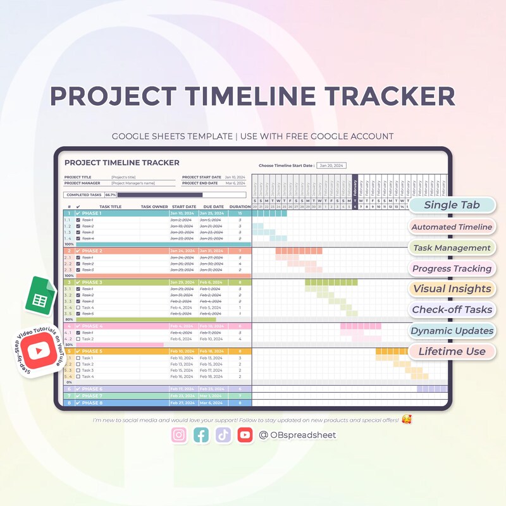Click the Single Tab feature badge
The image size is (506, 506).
coord(452,205)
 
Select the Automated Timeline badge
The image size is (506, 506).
coord(452,226)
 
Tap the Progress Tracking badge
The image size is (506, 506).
coord(452,269)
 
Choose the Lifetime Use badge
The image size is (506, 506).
coord(452,352)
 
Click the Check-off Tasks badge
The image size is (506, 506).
coord(452,310)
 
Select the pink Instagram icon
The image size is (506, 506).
coord(180,435)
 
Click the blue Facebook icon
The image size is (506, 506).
coord(201,435)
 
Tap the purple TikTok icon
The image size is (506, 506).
coord(223,435)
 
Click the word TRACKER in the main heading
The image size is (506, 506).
coord(387,97)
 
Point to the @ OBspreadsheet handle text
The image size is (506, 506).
coord(297,435)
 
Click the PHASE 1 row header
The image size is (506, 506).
coord(92,213)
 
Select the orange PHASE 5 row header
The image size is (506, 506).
coord(92,351)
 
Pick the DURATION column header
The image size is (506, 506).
coord(240,207)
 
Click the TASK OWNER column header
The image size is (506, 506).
coord(154,207)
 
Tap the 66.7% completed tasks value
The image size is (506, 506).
coord(111,195)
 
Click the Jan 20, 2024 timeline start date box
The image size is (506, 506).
coord(332,165)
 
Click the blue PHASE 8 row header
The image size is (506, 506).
coord(92,403)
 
